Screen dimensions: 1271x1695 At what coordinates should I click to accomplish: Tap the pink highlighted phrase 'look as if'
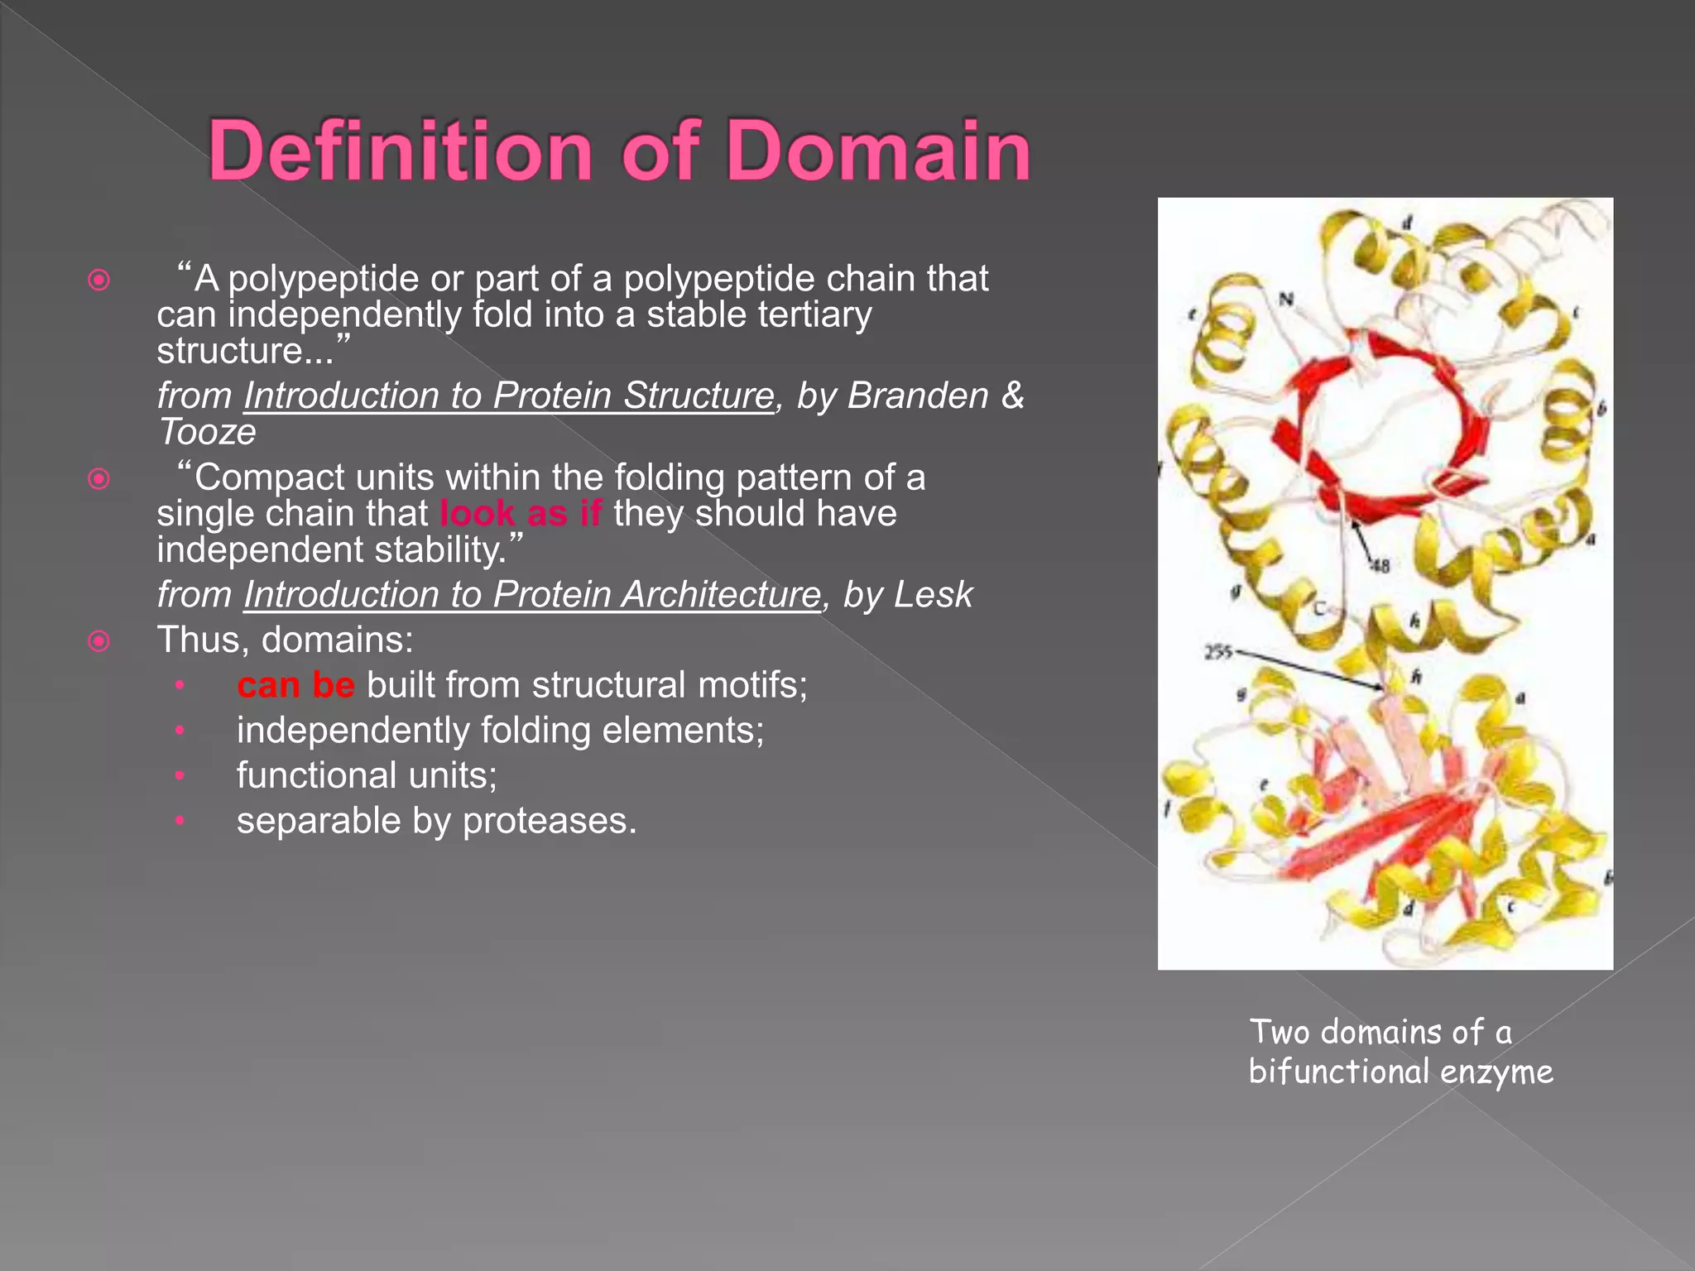point(521,514)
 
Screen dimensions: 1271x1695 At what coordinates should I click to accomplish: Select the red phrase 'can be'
point(295,685)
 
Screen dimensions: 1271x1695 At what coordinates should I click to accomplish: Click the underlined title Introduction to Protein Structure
point(508,396)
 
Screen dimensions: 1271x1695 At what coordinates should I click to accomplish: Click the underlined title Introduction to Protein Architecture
point(531,595)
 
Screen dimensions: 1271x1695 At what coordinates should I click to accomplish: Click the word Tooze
point(207,432)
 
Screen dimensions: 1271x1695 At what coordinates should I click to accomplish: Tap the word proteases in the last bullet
point(550,821)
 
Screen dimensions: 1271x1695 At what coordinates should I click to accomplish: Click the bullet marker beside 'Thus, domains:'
point(98,640)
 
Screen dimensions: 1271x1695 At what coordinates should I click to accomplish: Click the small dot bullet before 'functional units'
point(179,776)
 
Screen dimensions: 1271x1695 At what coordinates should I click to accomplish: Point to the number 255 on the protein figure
point(1217,653)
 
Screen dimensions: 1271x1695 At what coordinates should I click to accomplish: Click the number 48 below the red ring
point(1380,566)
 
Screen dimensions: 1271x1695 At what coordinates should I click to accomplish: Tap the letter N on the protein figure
point(1285,300)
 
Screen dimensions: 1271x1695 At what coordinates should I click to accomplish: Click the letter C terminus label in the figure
point(1319,609)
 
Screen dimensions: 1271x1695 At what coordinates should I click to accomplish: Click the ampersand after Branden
point(1012,396)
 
